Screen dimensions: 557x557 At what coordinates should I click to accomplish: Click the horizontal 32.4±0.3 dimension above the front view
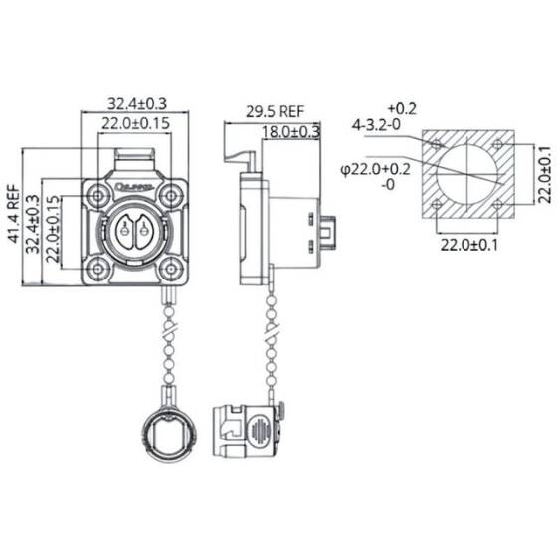click(134, 103)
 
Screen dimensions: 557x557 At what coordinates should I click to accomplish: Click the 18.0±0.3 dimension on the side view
click(290, 130)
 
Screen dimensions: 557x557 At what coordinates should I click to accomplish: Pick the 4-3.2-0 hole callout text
click(375, 125)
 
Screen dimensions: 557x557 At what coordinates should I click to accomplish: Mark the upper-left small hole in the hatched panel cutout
click(438, 145)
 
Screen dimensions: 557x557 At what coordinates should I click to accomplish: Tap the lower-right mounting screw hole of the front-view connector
click(171, 266)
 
